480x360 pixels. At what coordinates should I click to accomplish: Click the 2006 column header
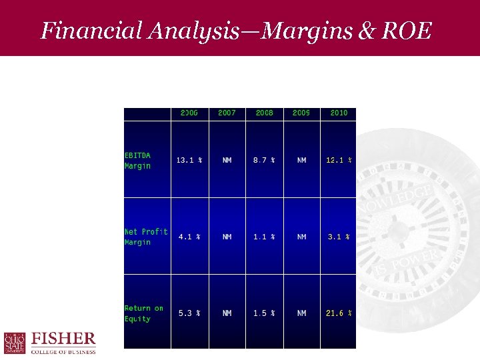[189, 113]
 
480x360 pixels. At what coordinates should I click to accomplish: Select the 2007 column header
[227, 113]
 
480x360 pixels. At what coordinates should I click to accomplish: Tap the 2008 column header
[265, 113]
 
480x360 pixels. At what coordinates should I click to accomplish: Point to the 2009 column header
[301, 113]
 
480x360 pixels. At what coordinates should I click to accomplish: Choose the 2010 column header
[339, 113]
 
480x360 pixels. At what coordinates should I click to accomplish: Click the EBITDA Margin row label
[138, 161]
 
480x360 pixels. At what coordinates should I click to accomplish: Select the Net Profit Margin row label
[146, 237]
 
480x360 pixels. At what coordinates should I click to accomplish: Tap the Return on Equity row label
[144, 313]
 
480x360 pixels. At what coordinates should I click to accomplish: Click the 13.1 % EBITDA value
[189, 160]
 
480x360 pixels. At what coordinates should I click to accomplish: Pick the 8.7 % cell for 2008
[265, 160]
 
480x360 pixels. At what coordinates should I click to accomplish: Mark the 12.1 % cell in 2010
[339, 160]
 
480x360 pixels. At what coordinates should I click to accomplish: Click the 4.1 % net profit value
[189, 237]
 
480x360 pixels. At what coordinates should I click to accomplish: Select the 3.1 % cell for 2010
[339, 237]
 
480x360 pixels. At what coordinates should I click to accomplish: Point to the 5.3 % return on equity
[189, 313]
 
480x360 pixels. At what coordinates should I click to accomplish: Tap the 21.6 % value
[339, 313]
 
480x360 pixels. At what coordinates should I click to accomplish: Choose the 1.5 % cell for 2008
[265, 313]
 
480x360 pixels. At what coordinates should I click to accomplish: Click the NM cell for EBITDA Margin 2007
[227, 160]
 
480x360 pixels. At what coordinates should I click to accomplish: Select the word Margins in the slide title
[304, 31]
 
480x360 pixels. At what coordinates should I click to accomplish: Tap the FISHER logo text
[64, 339]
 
